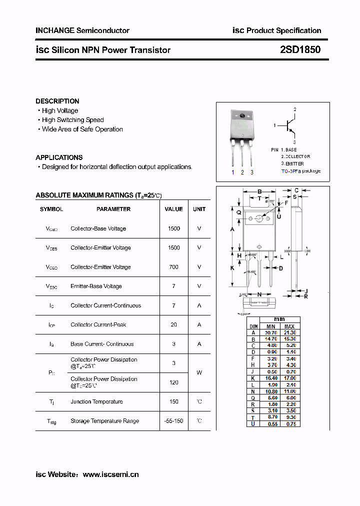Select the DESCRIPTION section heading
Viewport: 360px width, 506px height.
[57, 101]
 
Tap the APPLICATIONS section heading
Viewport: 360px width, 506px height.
[59, 157]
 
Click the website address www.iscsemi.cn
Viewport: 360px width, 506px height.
[110, 474]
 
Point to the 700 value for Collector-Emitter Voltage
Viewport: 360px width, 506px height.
[173, 267]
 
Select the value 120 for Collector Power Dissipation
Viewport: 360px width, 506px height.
[173, 382]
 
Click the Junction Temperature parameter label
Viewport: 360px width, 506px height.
[96, 401]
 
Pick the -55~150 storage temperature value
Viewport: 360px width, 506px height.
[173, 421]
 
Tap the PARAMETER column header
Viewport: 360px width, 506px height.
[113, 209]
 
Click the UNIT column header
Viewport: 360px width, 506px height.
[199, 209]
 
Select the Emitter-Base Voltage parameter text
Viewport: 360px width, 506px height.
[96, 286]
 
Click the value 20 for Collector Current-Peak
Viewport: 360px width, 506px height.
[173, 324]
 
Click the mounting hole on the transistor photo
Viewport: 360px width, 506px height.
[242, 116]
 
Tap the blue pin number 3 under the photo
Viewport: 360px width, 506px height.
[252, 172]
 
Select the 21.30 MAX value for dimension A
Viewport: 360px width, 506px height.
[289, 332]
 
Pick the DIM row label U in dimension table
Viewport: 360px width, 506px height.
[253, 424]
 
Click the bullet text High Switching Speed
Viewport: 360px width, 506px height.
[72, 120]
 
